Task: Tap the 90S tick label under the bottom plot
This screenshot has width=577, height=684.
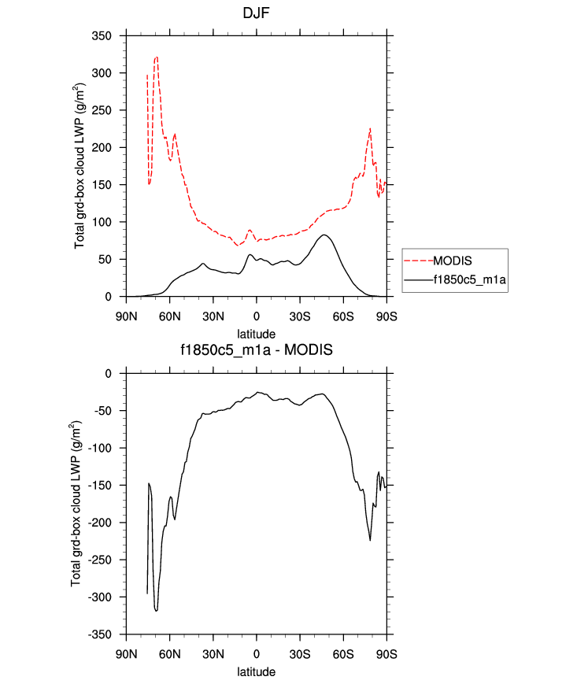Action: coord(387,653)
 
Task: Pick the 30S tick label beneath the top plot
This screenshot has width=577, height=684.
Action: coord(300,316)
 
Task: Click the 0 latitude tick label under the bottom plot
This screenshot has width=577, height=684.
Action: coord(256,653)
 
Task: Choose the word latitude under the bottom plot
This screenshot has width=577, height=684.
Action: coord(257,672)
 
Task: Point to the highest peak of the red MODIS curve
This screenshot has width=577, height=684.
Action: coord(157,57)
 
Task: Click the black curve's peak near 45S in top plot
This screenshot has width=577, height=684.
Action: coord(324,235)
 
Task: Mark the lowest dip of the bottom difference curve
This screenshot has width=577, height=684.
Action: coord(157,610)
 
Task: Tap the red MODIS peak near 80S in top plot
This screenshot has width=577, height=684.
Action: coord(370,128)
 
